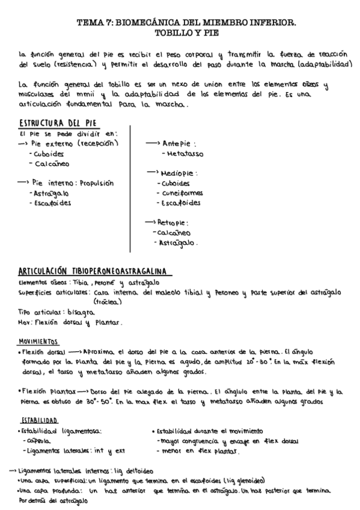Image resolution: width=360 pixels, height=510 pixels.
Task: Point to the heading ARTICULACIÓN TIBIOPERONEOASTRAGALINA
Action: [x=93, y=271]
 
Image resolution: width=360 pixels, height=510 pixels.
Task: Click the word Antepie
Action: [x=179, y=144]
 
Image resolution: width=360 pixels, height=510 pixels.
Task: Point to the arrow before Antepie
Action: [x=153, y=144]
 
